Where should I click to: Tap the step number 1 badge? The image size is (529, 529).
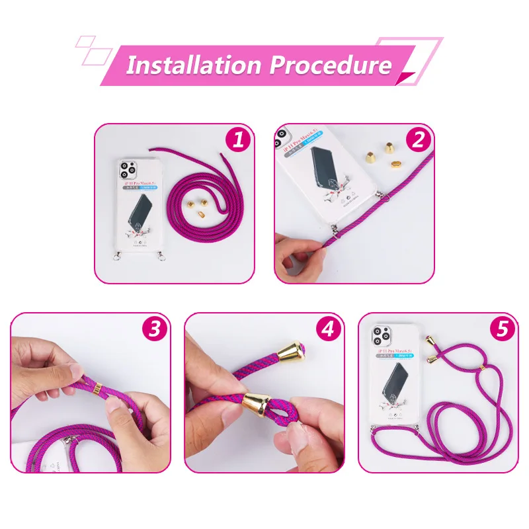pos(239,140)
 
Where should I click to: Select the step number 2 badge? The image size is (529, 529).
pos(419,140)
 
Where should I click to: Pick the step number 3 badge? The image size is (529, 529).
pos(155,329)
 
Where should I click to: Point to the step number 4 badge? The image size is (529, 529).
pos(329,329)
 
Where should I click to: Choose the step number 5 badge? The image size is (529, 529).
pos(503,329)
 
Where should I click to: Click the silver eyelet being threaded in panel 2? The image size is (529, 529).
pos(336,229)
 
